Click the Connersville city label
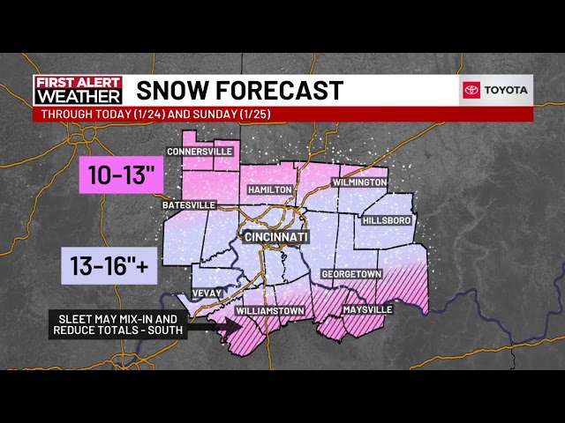(200, 152)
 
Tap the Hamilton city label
(270, 189)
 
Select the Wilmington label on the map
(359, 182)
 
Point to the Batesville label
(189, 205)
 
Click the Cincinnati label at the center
(275, 238)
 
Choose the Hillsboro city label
(388, 220)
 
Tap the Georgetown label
(350, 274)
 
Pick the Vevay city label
(209, 293)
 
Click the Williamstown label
(270, 311)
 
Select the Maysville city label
(366, 310)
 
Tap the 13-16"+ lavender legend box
(109, 264)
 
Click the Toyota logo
(496, 90)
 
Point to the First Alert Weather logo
(78, 91)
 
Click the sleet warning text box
(118, 324)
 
